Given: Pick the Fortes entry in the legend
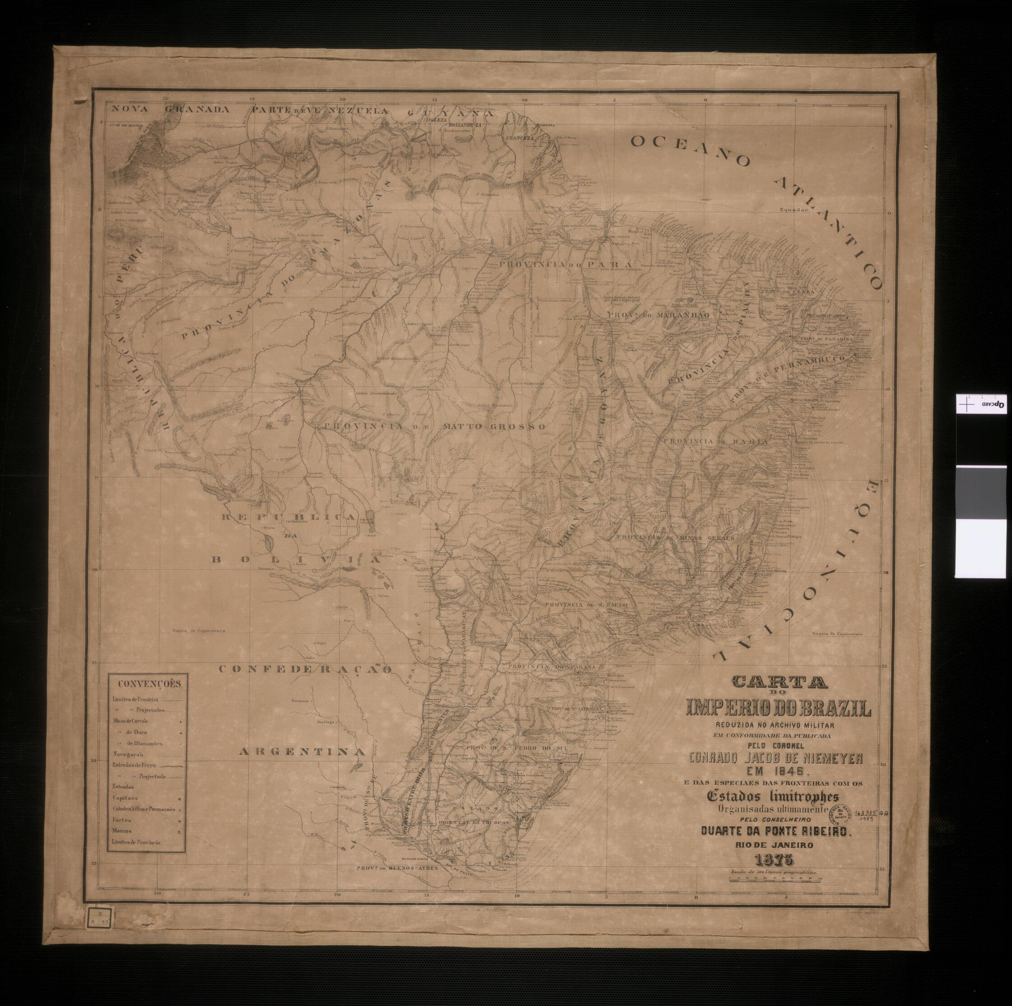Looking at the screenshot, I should pos(121,820).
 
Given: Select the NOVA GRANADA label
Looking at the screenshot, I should pos(169,110).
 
